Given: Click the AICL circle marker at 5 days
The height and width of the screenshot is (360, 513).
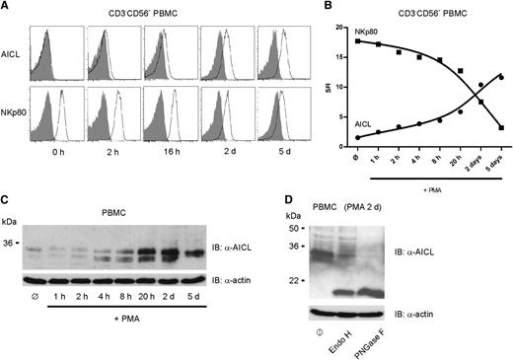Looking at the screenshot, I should point(502,77).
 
